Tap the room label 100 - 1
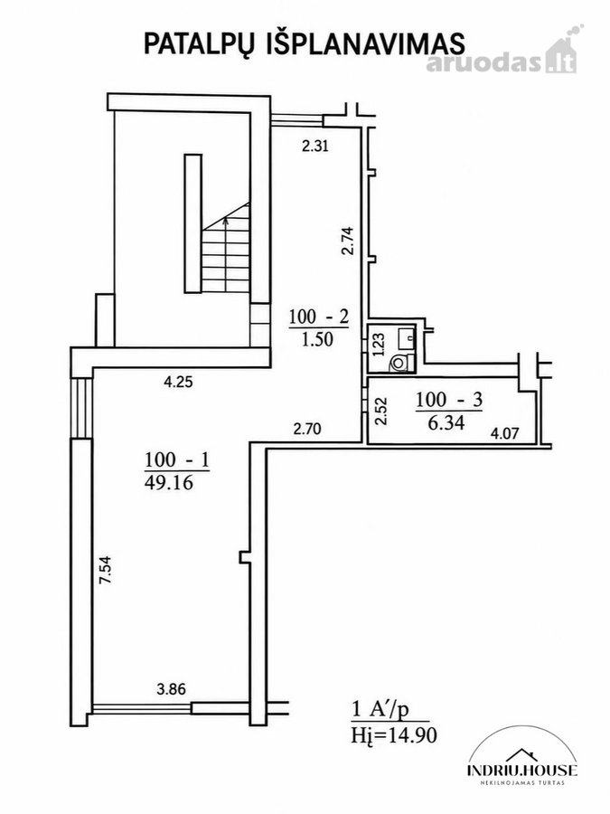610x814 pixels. click(x=176, y=460)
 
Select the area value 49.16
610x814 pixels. click(x=169, y=483)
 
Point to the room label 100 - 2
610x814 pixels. click(x=319, y=317)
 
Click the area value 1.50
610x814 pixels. click(x=317, y=339)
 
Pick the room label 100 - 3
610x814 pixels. click(x=449, y=400)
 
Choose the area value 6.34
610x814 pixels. click(x=446, y=422)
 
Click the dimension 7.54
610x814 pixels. click(x=106, y=571)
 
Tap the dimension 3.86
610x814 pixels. click(x=171, y=689)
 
